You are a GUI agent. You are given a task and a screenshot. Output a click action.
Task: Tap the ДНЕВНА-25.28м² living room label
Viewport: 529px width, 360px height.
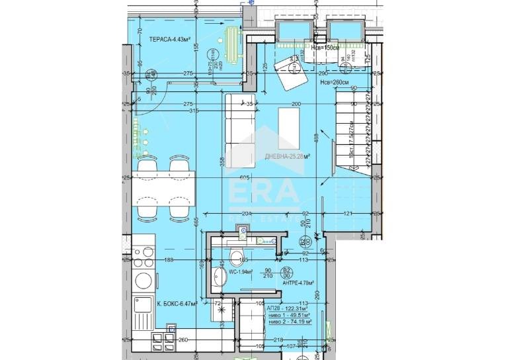pyautogui.click(x=288, y=156)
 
